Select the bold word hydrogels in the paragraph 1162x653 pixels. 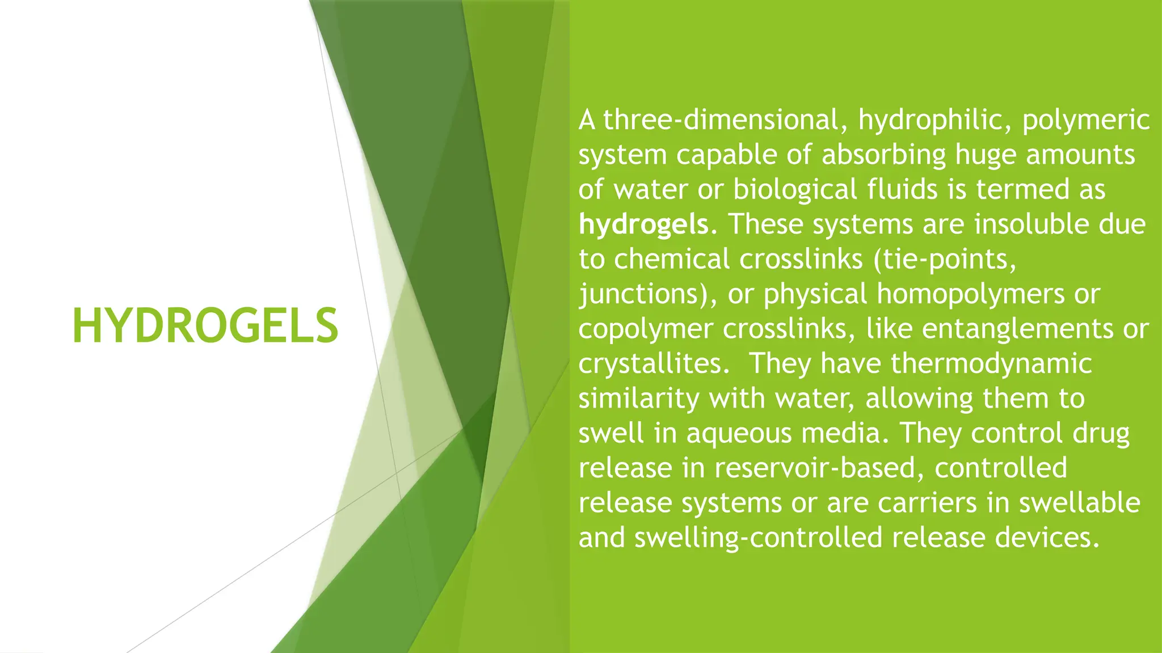click(643, 224)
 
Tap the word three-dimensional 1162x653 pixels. click(720, 120)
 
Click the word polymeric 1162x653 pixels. click(1086, 120)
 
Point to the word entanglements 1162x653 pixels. click(1017, 329)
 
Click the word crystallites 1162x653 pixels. click(653, 363)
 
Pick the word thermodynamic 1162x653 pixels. click(991, 363)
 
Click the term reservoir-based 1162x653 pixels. click(815, 468)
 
